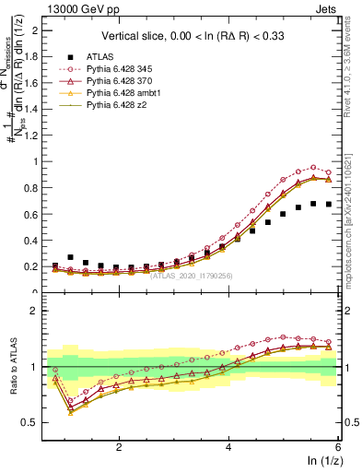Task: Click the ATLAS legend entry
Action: point(100,55)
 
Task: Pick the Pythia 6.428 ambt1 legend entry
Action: point(113,94)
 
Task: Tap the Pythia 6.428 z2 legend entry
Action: point(108,107)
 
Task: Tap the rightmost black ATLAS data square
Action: point(329,205)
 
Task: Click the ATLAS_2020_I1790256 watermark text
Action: point(192,275)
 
